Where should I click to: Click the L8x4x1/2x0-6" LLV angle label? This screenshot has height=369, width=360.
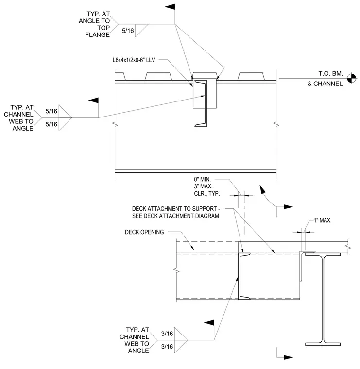coord(134,60)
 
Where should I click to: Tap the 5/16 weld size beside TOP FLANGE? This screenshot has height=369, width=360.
coord(128,31)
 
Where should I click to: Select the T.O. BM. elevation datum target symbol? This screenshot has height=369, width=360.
coord(352,78)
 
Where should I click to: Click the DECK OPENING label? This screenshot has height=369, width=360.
coord(144,232)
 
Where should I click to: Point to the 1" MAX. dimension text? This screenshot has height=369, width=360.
coord(323,220)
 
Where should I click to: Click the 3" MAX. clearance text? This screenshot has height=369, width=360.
coord(203,186)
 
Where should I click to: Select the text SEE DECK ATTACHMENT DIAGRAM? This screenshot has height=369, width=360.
coord(175,216)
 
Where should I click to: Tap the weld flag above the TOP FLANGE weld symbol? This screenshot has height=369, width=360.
coord(170,7)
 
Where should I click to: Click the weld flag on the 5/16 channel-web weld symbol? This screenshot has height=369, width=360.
coord(93,100)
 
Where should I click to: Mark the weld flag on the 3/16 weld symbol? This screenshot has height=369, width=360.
coord(209,323)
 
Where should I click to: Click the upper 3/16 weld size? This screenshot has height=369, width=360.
coord(167,334)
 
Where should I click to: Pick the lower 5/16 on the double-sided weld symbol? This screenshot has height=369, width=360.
coord(51,124)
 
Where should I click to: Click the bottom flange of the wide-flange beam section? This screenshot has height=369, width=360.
coord(323,344)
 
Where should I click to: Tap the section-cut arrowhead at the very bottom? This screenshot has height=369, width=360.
coord(288,357)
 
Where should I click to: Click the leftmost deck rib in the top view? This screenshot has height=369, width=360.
coord(120,77)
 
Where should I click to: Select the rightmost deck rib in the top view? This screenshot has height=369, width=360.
coord(251,77)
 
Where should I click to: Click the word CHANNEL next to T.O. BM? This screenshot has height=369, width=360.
coord(328,84)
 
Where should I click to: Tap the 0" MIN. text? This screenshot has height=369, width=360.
coord(203,179)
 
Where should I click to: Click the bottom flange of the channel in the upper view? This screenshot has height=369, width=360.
coord(201,125)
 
